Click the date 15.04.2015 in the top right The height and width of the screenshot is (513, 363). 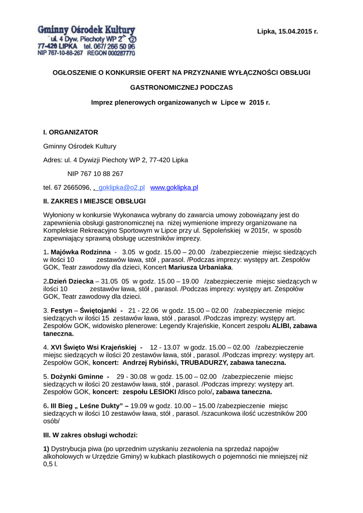[x=295, y=32]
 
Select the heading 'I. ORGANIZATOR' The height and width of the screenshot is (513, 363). [x=71, y=132]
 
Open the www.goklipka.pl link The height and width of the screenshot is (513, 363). [x=174, y=187]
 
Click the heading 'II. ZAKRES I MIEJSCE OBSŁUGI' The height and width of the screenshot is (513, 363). [x=88, y=201]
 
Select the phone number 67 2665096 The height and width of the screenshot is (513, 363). [x=72, y=187]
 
